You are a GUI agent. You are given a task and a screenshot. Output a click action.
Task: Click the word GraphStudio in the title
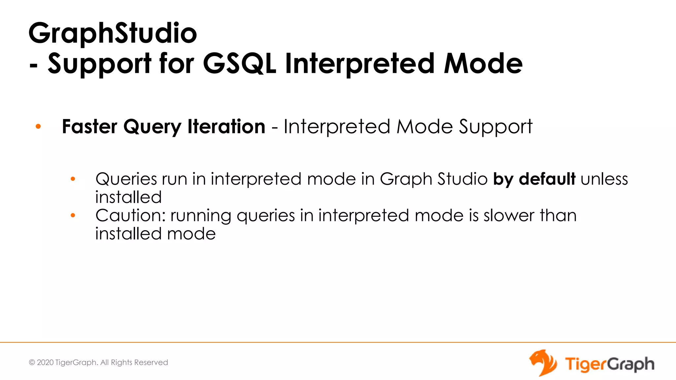tap(113, 34)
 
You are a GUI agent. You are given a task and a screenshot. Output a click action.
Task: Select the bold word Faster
tap(89, 127)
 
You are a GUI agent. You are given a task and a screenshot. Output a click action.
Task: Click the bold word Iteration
tap(226, 127)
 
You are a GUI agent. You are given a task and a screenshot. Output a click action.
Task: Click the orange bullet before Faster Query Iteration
tap(38, 126)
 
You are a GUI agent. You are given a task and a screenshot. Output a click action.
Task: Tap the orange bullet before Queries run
tap(73, 179)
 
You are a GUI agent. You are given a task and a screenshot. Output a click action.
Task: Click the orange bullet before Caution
tap(73, 216)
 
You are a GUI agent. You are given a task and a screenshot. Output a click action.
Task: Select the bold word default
tap(547, 179)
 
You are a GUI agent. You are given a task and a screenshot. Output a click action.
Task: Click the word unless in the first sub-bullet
tap(604, 179)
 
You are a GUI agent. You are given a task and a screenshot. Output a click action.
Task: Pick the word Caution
tap(131, 216)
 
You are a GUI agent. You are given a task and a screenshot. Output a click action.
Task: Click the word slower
tap(509, 216)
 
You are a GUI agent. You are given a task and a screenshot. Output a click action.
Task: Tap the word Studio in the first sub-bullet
tap(462, 179)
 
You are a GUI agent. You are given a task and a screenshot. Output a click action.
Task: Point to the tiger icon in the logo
tap(543, 363)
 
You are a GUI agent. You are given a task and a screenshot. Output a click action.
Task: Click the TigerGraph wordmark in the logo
tap(609, 364)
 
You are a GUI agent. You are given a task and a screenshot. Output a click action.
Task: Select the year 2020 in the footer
tap(45, 363)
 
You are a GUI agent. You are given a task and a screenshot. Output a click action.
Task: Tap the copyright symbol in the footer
tap(32, 363)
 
